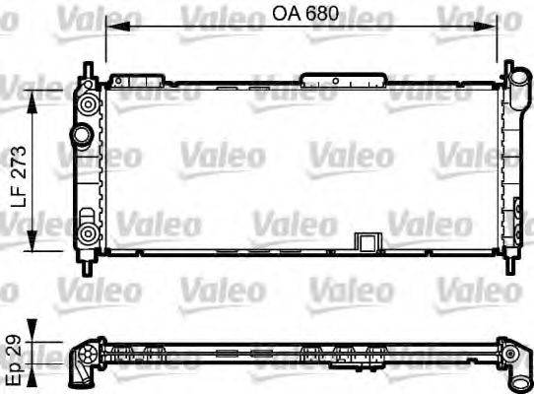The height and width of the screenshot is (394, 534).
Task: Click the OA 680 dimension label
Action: (301, 15)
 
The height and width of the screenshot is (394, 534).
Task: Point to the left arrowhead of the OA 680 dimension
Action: (110, 29)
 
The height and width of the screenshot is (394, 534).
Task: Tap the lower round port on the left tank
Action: (88, 234)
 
